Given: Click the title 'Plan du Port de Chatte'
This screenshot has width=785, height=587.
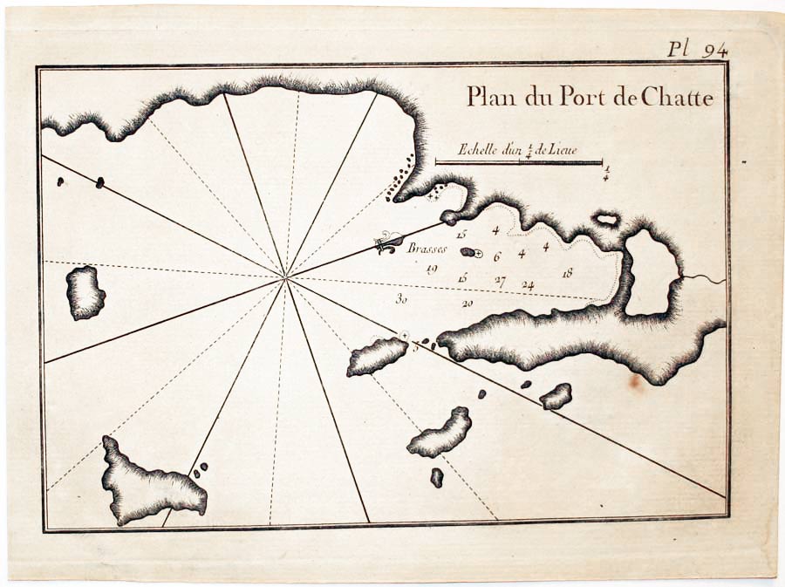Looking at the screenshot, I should (589, 97).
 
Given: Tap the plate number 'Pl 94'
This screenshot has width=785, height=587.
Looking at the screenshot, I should (697, 50).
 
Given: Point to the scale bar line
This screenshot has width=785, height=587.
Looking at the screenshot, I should (518, 162).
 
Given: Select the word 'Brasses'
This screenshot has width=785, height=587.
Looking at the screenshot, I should (427, 249).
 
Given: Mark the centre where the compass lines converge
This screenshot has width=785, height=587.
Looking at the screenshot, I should (286, 278).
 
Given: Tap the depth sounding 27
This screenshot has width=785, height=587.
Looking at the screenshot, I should (500, 281).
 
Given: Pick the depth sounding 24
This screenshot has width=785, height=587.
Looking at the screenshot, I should (528, 285).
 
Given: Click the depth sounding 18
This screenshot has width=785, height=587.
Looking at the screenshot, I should (568, 273).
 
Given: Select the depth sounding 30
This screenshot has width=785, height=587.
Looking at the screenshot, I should (401, 298).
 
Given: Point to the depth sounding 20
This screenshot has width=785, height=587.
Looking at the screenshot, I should (468, 304).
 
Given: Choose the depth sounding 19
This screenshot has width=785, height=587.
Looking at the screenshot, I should (431, 269).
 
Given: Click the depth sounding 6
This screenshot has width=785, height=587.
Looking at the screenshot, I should (497, 256).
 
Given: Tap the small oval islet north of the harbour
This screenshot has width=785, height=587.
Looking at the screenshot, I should (605, 219).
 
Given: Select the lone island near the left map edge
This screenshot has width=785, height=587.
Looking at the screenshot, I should (85, 292).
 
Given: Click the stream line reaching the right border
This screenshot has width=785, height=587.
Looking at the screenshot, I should (706, 279).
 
